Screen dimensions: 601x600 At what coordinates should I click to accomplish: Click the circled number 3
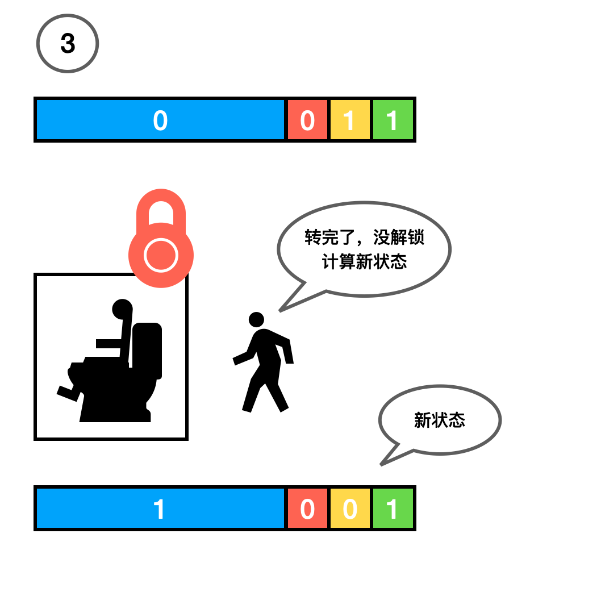(68, 44)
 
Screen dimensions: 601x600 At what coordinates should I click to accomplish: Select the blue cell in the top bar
(160, 120)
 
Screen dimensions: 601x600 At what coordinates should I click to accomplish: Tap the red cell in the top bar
(307, 120)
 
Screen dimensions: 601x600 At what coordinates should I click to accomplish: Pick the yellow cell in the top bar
(350, 120)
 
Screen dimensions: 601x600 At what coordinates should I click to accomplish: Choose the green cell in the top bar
(393, 120)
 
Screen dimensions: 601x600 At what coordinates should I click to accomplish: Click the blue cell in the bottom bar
(160, 509)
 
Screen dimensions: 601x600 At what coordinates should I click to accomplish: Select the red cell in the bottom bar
(307, 509)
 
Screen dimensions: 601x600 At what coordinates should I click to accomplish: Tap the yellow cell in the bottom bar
(350, 509)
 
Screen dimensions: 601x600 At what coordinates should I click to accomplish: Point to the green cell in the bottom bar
(393, 509)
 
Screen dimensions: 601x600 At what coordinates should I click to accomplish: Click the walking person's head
(256, 319)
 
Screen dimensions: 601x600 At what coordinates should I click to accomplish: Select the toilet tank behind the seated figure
(148, 349)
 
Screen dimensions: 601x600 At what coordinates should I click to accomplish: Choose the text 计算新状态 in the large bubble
(364, 262)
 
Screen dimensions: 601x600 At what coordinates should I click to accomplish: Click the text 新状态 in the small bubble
(440, 420)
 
